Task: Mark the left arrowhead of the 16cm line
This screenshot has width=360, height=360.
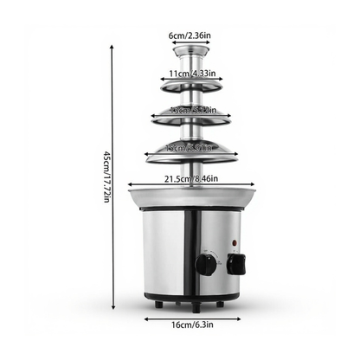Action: coord(145,318)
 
